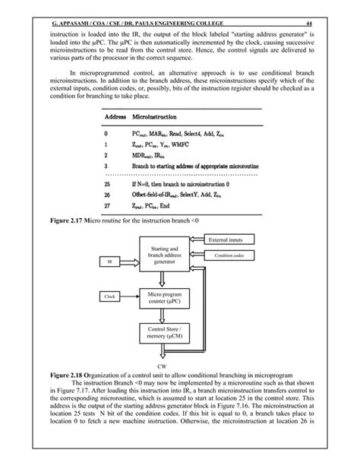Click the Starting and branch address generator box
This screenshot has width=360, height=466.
[164, 255]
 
